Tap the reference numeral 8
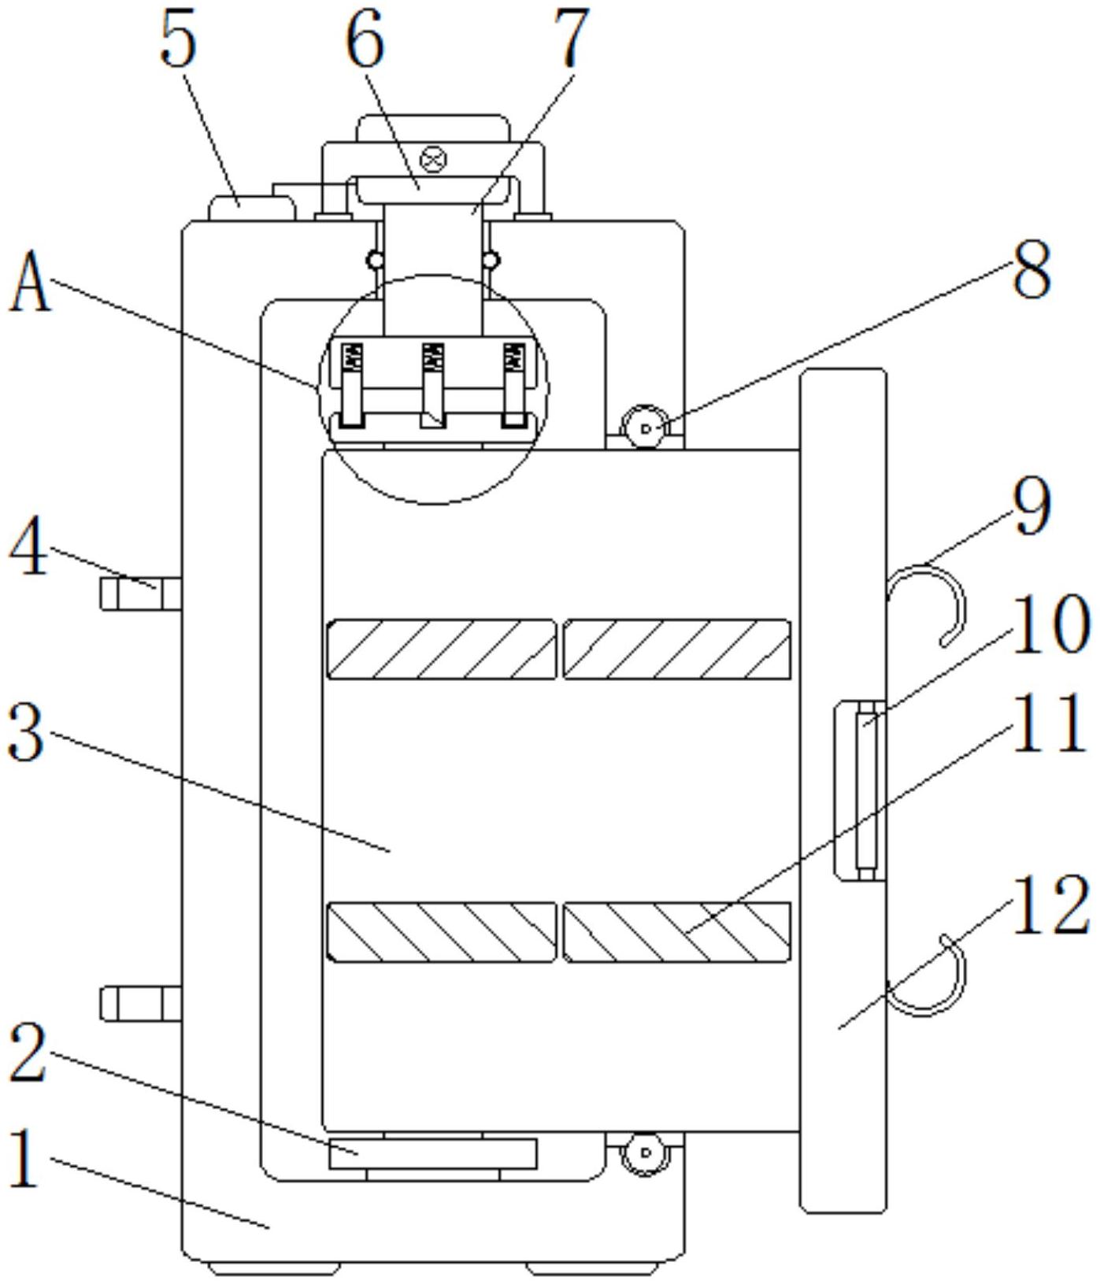[x=1031, y=268]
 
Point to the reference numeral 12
[x=1050, y=906]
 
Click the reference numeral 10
[x=1050, y=623]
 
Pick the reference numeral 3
[x=26, y=734]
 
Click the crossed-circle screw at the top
[x=433, y=160]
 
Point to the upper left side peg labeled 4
[x=140, y=593]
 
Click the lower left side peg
[x=140, y=1004]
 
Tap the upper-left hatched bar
[x=442, y=649]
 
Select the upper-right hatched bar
[x=677, y=649]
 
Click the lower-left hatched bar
[x=442, y=932]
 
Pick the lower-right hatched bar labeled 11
[x=677, y=932]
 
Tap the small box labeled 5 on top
[x=252, y=209]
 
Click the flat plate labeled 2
[x=433, y=1153]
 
